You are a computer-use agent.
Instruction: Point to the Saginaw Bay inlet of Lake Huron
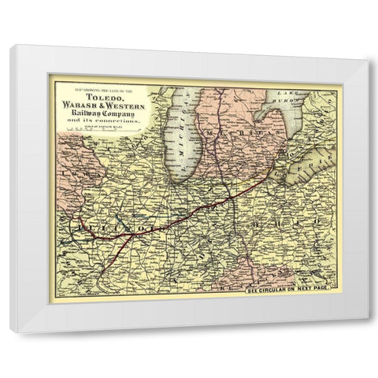[273, 118]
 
